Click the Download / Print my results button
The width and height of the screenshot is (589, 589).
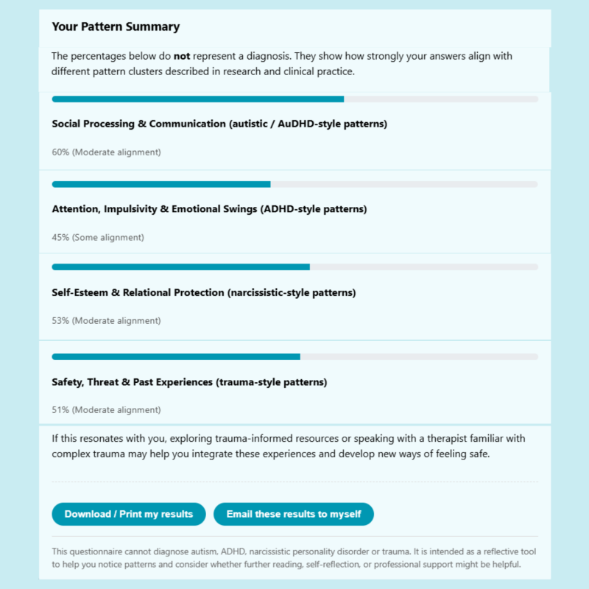129,514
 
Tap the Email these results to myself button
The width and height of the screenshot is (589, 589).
294,514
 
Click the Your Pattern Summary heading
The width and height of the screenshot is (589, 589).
116,27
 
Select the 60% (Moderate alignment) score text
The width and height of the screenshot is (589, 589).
106,152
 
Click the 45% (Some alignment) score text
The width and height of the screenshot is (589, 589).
98,237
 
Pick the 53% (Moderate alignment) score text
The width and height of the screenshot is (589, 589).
106,321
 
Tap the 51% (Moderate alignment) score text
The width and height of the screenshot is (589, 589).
106,410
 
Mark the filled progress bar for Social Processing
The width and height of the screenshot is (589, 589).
197,99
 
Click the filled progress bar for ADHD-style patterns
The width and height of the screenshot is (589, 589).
161,184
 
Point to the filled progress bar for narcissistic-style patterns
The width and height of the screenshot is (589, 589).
180,267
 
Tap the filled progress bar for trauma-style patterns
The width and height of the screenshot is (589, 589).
176,357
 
